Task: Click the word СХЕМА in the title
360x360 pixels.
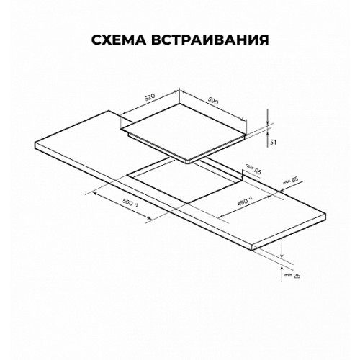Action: point(119,40)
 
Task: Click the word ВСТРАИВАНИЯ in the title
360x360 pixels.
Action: point(210,40)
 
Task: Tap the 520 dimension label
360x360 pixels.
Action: point(150,97)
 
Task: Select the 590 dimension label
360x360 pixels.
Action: point(212,102)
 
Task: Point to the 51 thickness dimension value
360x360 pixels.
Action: point(273,143)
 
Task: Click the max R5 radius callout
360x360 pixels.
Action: point(253,168)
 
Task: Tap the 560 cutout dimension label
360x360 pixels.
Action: point(130,203)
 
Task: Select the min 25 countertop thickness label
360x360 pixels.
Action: point(292,276)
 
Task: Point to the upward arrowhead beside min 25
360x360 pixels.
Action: point(282,269)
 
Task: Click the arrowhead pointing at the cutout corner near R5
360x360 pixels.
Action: point(243,176)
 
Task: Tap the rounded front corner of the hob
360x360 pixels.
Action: point(189,163)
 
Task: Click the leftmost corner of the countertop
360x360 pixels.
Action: point(35,143)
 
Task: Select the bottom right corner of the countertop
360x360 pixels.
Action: point(252,251)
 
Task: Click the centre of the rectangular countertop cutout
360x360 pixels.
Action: point(185,183)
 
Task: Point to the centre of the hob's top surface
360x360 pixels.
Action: point(184,132)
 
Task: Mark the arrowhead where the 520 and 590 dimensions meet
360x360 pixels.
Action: point(179,91)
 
